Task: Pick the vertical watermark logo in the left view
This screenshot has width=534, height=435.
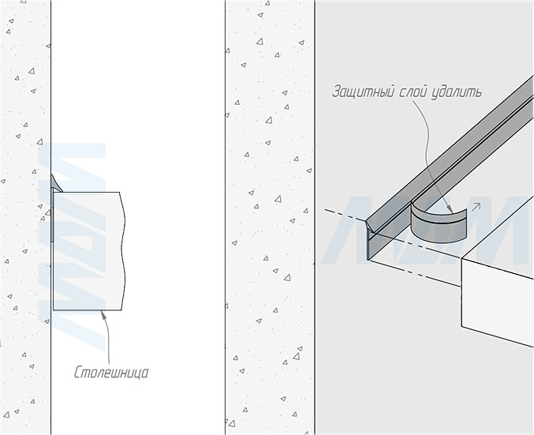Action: pos(75,237)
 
